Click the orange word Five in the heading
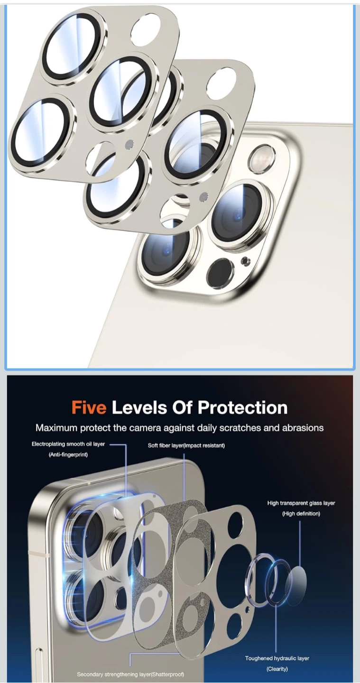89,408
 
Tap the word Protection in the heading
243,408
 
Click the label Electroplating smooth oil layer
68,444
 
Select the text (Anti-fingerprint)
68,454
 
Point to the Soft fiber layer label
186,445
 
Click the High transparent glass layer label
301,503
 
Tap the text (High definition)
301,514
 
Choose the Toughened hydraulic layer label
277,658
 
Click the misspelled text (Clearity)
277,669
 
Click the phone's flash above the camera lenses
263,159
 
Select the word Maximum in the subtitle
56,428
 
